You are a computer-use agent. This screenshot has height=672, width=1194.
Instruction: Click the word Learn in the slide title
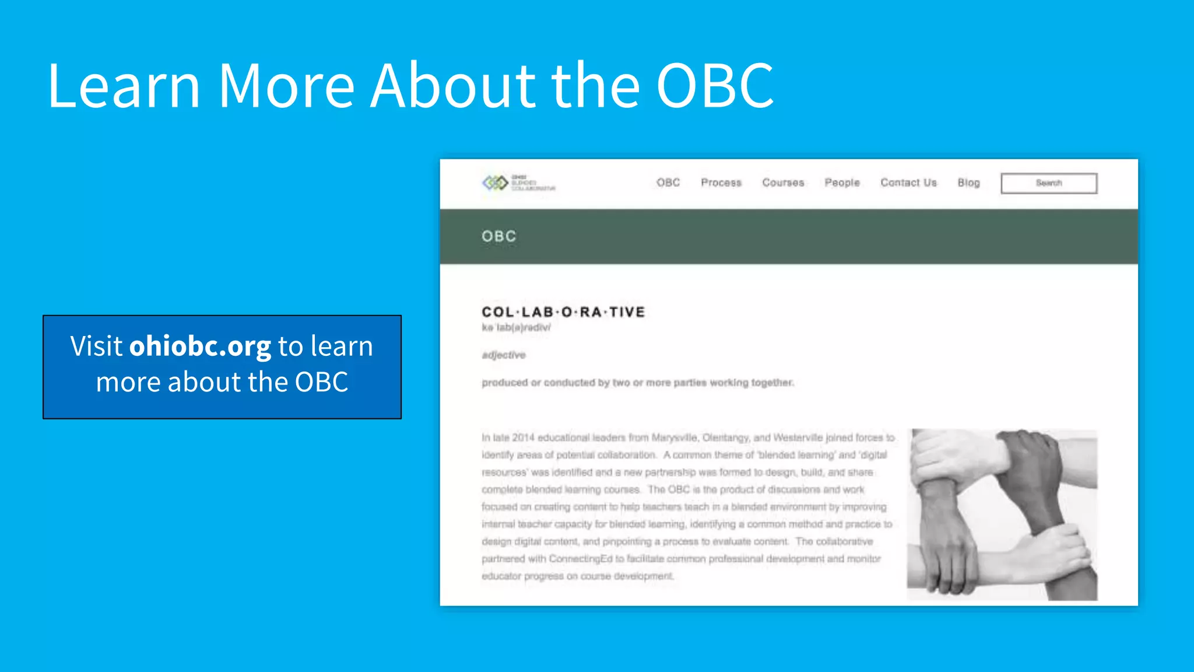click(124, 86)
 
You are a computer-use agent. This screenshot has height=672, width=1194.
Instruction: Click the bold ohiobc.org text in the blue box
click(200, 346)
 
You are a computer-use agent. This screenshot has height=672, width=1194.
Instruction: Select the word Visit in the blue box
click(96, 346)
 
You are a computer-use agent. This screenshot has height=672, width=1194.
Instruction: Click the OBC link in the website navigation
click(668, 183)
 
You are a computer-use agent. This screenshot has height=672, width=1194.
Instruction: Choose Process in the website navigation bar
click(721, 183)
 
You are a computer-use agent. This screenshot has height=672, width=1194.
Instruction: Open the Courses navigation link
click(783, 183)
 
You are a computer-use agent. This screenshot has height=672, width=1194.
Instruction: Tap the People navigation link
click(842, 183)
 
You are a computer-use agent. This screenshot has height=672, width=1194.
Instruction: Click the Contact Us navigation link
click(908, 183)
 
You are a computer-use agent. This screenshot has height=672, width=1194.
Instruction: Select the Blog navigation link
click(968, 183)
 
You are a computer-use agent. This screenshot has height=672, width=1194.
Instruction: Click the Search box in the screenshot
click(1048, 183)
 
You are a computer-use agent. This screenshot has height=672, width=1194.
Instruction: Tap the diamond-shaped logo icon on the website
click(495, 183)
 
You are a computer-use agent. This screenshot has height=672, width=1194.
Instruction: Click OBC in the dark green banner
click(499, 236)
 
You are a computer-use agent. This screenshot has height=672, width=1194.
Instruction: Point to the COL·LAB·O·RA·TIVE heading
click(563, 312)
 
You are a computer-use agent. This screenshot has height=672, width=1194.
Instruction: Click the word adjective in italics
click(504, 355)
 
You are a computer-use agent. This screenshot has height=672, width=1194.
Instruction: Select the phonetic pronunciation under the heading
click(516, 328)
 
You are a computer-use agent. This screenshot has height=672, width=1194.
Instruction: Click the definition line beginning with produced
click(637, 383)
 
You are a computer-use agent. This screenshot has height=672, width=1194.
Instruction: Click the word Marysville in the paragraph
click(675, 437)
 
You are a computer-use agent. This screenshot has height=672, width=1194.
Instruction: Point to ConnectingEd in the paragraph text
click(581, 559)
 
